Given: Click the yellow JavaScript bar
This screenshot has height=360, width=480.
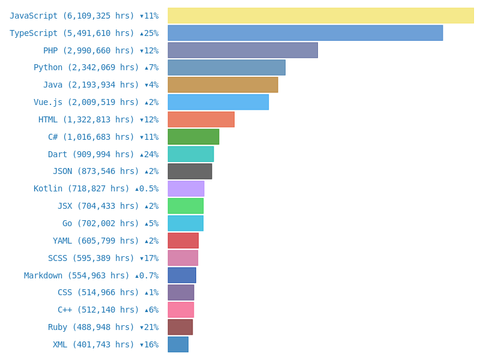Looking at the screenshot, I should pyautogui.click(x=320, y=16).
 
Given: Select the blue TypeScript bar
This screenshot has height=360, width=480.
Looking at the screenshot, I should pyautogui.click(x=305, y=33).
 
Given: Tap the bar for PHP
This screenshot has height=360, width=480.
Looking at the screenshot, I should pyautogui.click(x=242, y=50).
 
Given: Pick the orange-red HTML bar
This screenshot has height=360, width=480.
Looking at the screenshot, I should pyautogui.click(x=201, y=119).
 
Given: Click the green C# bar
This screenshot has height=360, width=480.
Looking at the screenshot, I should pyautogui.click(x=193, y=137).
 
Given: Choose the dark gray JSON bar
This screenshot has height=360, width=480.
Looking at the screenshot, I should pyautogui.click(x=190, y=172).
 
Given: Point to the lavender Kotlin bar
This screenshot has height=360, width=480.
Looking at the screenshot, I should pyautogui.click(x=186, y=189).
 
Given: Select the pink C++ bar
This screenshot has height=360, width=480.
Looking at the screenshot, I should pyautogui.click(x=181, y=310).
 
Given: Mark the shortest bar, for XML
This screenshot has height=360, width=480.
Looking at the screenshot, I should pyautogui.click(x=178, y=344).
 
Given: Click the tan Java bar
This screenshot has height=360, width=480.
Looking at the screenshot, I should pyautogui.click(x=223, y=85).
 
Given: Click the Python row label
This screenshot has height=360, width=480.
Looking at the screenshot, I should pyautogui.click(x=96, y=68).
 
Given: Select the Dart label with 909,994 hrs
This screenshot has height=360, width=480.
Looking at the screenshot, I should pyautogui.click(x=103, y=155).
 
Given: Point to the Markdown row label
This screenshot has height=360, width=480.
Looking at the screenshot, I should pyautogui.click(x=91, y=276).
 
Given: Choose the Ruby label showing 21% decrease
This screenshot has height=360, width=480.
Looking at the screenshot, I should pyautogui.click(x=103, y=328).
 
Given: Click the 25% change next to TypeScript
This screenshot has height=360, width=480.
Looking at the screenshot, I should pyautogui.click(x=149, y=34).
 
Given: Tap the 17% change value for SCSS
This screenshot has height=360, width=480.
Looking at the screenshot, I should pyautogui.click(x=149, y=259).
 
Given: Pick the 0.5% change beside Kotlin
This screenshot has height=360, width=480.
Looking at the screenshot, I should pyautogui.click(x=147, y=189).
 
